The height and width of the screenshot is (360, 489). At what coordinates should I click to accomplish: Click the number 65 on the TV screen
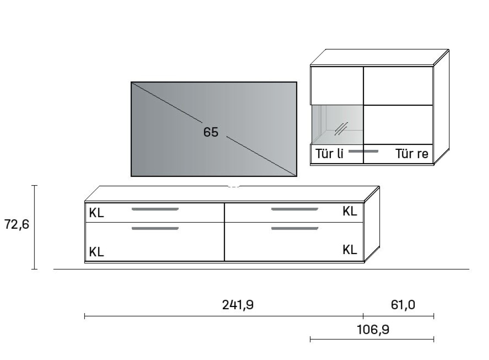click(211, 132)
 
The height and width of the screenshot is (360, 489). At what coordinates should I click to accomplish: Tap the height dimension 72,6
click(16, 224)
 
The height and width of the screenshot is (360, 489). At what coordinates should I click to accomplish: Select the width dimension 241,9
click(238, 305)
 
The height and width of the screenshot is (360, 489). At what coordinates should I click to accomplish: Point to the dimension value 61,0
click(403, 305)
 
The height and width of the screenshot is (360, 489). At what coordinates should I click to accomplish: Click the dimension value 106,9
click(373, 329)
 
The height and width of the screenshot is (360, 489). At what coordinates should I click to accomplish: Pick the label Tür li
click(329, 154)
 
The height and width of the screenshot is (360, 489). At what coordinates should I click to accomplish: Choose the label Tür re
click(411, 154)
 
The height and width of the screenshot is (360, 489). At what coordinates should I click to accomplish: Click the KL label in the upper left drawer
click(97, 213)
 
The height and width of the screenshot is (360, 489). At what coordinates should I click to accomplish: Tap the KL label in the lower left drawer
click(97, 252)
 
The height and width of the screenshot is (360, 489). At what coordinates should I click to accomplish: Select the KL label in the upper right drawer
click(349, 211)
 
